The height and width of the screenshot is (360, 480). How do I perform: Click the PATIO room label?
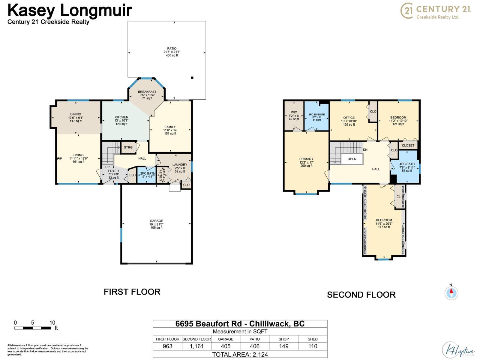pos(172,49)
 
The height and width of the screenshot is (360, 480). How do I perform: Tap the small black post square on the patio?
pos(192,78)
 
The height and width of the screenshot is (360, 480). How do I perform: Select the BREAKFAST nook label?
pos(147,92)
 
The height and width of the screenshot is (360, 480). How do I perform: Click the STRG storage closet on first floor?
pos(128,148)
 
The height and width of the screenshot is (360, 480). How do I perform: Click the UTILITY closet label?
pos(161,175)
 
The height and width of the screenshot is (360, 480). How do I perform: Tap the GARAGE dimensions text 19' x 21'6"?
pos(156,224)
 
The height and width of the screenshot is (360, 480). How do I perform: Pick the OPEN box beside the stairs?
pos(352,159)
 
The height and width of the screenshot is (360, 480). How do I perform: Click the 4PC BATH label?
pos(407,164)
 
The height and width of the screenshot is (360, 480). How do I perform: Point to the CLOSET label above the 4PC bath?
pos(408,145)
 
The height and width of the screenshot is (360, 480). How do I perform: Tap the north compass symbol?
pos(451,292)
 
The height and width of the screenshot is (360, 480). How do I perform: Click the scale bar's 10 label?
pos(52,323)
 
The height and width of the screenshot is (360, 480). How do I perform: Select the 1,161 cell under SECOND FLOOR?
pos(196,346)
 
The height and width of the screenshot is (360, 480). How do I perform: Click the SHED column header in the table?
pos(313,339)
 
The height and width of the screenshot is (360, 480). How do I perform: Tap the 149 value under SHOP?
pos(283,346)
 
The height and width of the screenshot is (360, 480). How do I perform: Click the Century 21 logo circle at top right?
pos(407,11)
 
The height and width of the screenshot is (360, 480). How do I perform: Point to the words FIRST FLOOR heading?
pos(132,292)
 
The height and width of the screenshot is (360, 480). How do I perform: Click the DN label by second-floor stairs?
pos(365,150)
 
